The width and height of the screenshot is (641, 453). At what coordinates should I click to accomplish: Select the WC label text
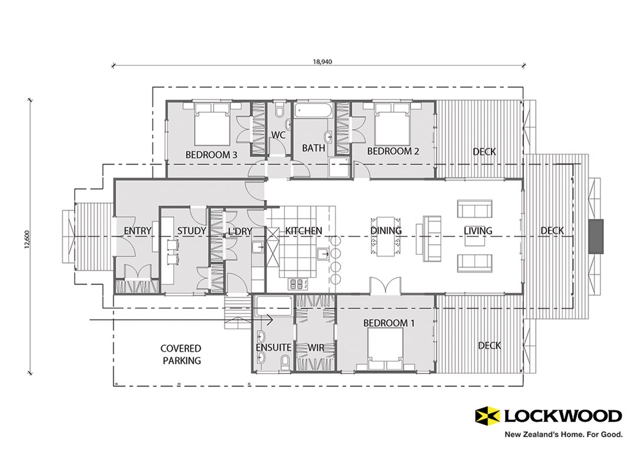coord(278,135)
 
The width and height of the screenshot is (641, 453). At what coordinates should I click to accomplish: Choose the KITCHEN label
coord(303,231)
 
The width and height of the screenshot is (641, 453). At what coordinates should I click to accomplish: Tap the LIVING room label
coord(477,231)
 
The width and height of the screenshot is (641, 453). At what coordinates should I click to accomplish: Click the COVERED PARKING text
coord(181,355)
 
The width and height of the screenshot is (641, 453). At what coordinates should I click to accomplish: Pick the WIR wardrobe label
coord(316,348)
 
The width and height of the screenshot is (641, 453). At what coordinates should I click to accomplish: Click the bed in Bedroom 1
coord(385,347)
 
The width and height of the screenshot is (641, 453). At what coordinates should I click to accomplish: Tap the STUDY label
coord(191,231)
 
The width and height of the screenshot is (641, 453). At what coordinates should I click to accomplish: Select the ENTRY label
coord(138,231)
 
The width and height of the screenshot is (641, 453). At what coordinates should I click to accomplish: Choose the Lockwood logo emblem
coord(487,415)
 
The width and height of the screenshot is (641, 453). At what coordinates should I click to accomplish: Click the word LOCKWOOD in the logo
coord(562,416)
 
